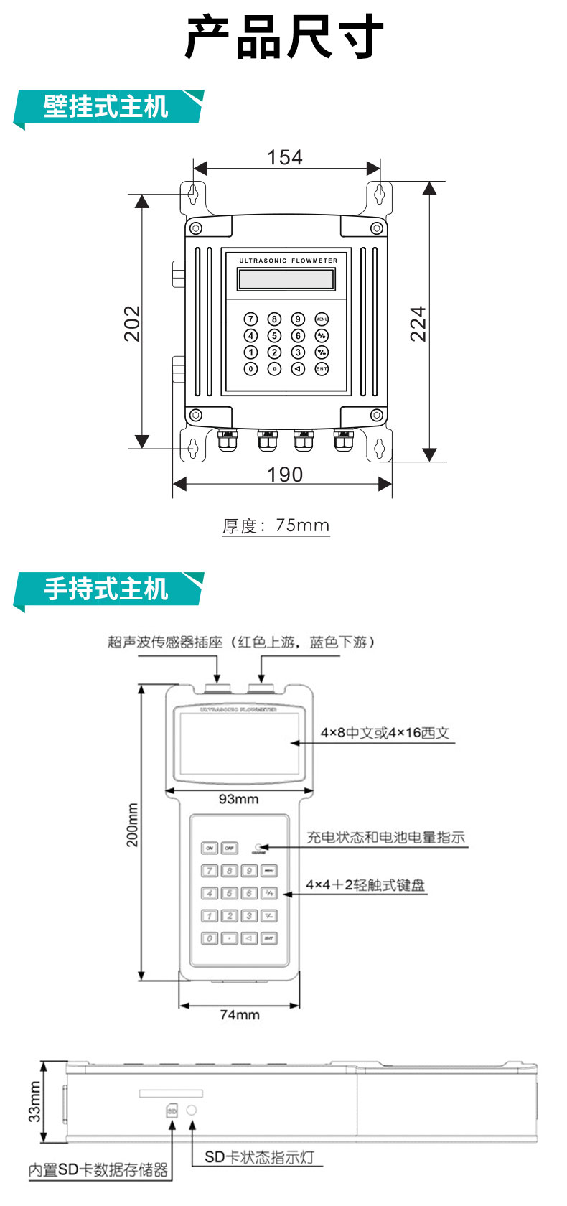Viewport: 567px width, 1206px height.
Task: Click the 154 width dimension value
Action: [x=285, y=157]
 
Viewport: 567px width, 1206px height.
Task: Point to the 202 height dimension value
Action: [x=133, y=323]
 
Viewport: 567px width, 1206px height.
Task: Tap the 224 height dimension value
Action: [x=418, y=323]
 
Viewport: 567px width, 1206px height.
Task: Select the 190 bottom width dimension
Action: [x=285, y=475]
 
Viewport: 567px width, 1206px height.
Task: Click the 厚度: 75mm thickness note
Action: [x=276, y=525]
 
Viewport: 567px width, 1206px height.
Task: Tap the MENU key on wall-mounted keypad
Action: [x=322, y=319]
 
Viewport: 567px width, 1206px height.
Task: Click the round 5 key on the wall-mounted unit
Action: [x=274, y=335]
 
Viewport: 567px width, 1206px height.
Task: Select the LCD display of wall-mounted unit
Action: [x=286, y=279]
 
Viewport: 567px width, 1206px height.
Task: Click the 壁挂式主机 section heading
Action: [x=106, y=107]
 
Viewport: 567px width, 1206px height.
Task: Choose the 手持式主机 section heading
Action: [x=106, y=589]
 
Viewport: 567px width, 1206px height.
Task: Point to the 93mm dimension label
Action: [x=239, y=799]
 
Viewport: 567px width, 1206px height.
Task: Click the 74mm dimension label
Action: [x=240, y=1015]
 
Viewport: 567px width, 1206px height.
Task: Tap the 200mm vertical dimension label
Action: [x=133, y=825]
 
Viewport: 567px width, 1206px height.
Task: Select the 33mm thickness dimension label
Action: [x=34, y=1102]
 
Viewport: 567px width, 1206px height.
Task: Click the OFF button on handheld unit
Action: [x=229, y=848]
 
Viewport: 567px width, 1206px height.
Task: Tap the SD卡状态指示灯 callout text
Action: [x=259, y=1157]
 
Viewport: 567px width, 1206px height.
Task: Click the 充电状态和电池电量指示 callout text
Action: [x=386, y=837]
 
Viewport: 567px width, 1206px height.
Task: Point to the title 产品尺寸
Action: [x=284, y=37]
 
